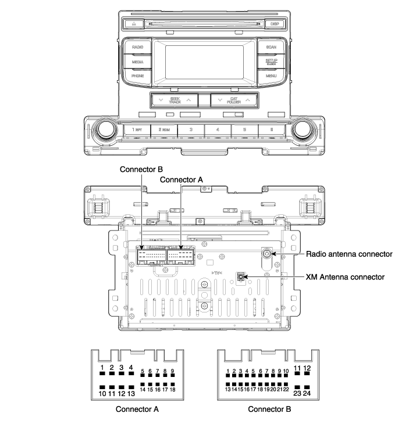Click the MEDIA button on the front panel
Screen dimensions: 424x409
tap(138, 61)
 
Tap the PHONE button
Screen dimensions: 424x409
tap(138, 76)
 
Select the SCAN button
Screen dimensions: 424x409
tap(271, 46)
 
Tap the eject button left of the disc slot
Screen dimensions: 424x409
tap(134, 24)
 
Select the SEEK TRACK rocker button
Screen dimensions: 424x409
tap(175, 100)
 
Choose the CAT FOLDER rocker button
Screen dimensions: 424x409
tap(233, 100)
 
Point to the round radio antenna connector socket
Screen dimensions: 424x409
tap(267, 253)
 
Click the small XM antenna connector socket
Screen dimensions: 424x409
tap(240, 277)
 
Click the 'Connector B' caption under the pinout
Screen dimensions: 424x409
tap(270, 409)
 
